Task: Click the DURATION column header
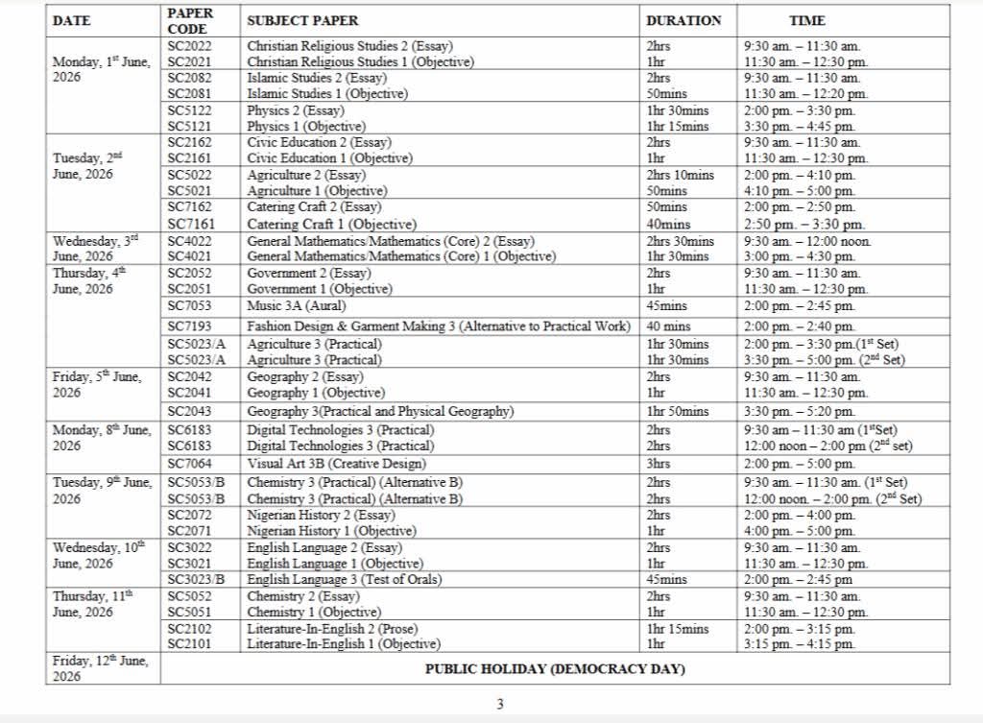coord(683,20)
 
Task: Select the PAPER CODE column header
coord(190,21)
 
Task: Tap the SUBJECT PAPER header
coord(302,20)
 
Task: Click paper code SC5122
coord(189,110)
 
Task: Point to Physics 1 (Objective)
coord(306,127)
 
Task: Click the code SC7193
coord(189,327)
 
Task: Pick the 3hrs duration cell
coord(659,464)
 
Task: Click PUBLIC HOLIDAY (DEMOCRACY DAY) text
coord(555,668)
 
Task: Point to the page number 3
coord(499,704)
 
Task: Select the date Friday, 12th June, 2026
coord(101,668)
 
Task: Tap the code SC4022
coord(189,241)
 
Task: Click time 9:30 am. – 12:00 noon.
coord(807,241)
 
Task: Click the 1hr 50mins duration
coord(678,411)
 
